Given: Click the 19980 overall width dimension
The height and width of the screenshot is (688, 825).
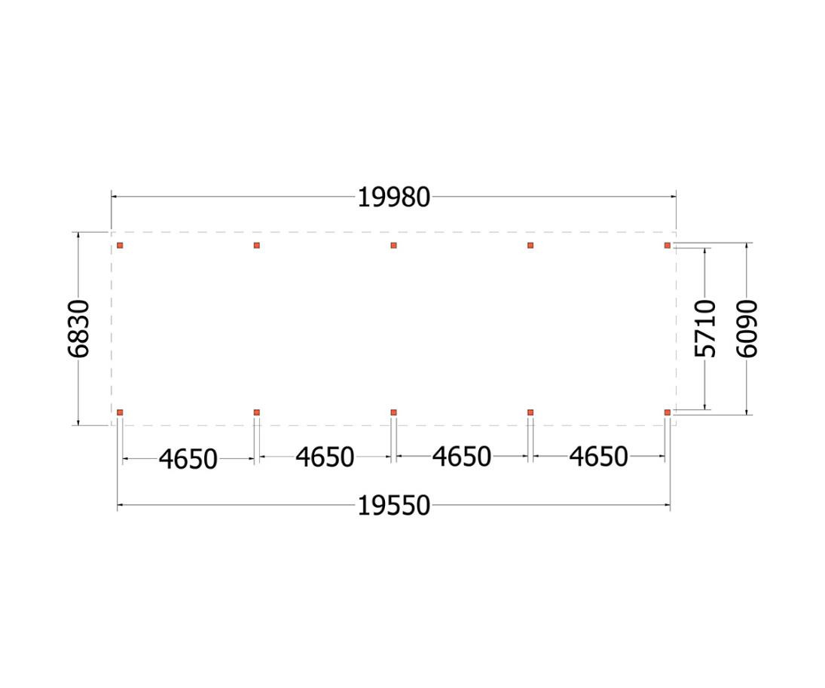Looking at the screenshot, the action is (393, 198).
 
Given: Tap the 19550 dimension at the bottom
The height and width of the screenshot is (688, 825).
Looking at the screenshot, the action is (393, 506).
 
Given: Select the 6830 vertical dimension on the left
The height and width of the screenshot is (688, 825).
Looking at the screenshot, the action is (79, 329).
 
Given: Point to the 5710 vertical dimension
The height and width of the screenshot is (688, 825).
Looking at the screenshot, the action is (705, 329).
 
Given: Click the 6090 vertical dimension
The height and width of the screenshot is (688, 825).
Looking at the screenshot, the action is (747, 329).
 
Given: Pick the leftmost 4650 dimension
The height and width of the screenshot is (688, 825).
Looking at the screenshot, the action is (188, 459).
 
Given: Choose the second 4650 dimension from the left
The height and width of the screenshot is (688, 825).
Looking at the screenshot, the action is (325, 457).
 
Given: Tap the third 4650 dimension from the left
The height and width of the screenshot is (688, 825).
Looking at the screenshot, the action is (461, 457).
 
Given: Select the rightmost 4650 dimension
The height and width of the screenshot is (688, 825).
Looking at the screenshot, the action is (598, 457).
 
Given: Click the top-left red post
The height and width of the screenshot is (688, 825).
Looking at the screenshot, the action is (120, 246).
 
